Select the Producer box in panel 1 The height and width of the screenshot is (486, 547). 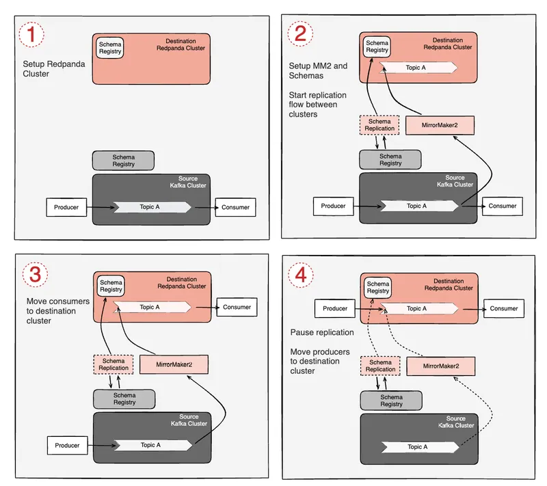pos(66,207)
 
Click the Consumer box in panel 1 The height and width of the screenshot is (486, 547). pos(235,207)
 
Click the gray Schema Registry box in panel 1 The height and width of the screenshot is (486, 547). pos(124,161)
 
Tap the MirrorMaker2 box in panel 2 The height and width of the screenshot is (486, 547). pos(440,125)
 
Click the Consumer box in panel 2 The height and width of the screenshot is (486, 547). pos(503,206)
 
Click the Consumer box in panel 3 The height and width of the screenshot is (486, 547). pos(237,307)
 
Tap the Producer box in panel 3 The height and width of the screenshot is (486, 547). pos(67,446)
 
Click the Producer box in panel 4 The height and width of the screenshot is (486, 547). pos(335,309)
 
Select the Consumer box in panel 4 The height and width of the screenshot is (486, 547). pos(504,309)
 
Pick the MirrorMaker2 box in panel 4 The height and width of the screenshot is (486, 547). pos(440,366)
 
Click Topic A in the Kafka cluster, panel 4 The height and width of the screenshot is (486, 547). pos(418,446)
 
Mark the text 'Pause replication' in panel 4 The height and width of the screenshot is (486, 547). pos(321,332)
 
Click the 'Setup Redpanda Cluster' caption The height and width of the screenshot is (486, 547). pos(45,69)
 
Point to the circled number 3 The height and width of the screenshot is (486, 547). pos(34,275)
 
